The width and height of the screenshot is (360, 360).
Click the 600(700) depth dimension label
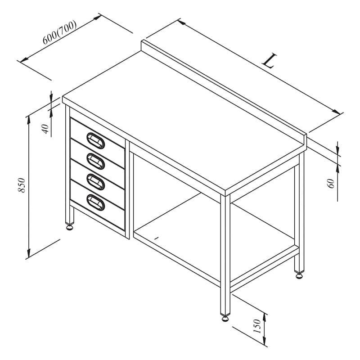point(59,32)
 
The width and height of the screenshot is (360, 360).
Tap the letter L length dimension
point(270,61)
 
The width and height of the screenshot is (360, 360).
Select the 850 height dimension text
point(22,185)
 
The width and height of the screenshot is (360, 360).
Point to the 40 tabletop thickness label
point(45,129)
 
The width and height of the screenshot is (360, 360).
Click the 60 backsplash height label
point(331,184)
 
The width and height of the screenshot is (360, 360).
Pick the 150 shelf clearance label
point(257,326)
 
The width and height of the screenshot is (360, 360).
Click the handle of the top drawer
point(96,141)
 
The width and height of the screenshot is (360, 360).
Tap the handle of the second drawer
point(96,162)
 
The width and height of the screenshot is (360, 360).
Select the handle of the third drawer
point(96,182)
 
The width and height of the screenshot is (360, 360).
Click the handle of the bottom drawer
point(96,202)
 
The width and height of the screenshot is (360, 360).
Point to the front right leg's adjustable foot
point(225,319)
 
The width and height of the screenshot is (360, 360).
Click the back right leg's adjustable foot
point(299,276)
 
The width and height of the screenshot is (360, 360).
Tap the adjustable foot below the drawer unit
point(70,227)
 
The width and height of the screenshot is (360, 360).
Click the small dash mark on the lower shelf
point(157,238)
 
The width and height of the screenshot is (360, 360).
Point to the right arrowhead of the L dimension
point(336,112)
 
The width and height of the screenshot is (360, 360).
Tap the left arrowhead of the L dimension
point(182,22)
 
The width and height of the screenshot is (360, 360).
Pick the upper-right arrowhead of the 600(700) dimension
point(97,18)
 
